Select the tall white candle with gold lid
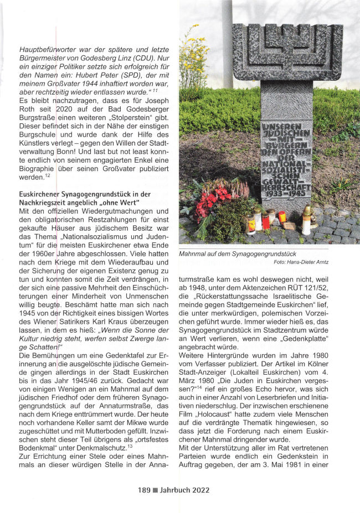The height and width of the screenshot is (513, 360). pos(306,220)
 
